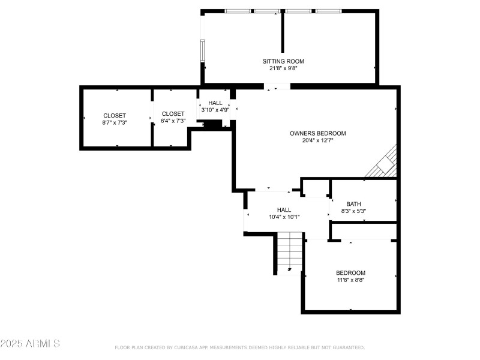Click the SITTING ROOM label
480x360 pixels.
click(283, 61)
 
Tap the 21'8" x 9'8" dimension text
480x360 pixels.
click(283, 68)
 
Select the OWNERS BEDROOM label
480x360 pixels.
click(317, 133)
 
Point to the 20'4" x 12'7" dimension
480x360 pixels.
click(317, 140)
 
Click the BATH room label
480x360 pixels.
click(353, 204)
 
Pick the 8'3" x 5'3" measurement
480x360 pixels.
click(353, 211)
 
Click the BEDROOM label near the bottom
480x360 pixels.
click(350, 272)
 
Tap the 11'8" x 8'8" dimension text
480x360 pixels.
click(350, 280)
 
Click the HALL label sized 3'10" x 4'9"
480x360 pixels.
click(215, 103)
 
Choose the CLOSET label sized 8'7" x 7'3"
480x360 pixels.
click(115, 115)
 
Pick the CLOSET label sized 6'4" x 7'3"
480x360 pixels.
click(173, 114)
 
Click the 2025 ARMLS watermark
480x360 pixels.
click(30, 344)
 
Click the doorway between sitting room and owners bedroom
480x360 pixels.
click(277, 87)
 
